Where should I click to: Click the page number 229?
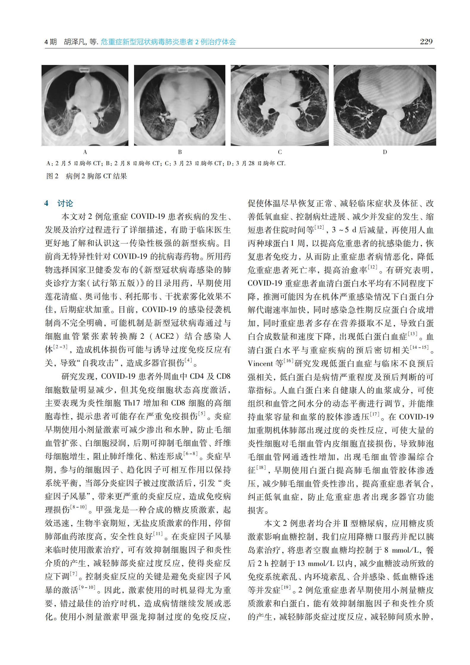(x=426, y=42)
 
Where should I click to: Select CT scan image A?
(x=85, y=105)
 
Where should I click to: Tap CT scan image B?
(x=179, y=105)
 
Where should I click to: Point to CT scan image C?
(x=280, y=105)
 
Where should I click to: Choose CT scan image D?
(x=385, y=105)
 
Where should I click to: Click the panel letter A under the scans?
(x=85, y=152)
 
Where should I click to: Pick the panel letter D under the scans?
(x=385, y=152)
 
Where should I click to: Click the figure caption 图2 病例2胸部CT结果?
(x=87, y=176)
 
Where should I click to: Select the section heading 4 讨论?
(x=59, y=203)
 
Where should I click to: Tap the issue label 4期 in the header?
(x=50, y=42)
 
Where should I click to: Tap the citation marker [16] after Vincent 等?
(x=288, y=361)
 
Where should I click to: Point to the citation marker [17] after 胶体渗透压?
(x=375, y=414)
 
